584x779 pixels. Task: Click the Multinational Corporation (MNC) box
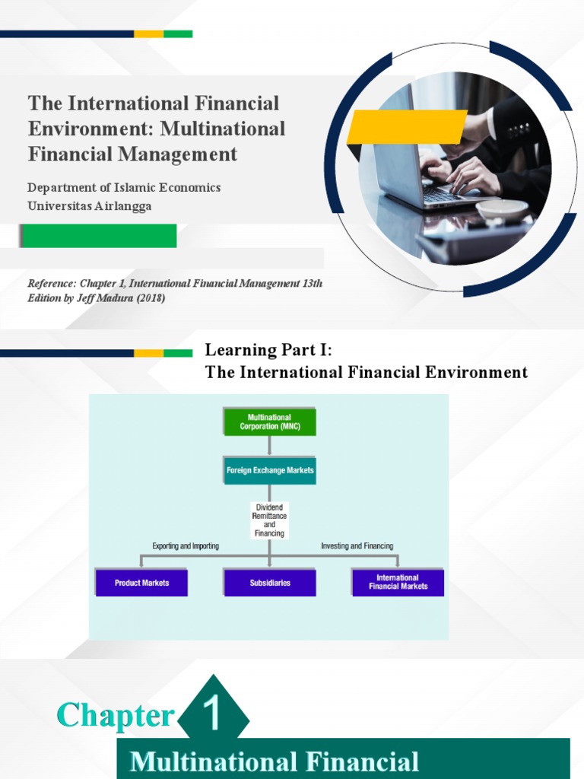[x=270, y=421]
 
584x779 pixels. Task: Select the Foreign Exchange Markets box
[x=270, y=470]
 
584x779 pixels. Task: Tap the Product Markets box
[x=141, y=583]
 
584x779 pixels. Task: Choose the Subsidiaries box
[x=270, y=583]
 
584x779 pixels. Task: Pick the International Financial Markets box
[x=398, y=582]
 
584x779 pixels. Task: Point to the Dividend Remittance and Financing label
[x=270, y=520]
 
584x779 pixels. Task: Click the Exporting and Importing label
[x=186, y=546]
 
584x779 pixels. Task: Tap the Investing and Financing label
[x=357, y=546]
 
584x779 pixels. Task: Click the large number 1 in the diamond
[x=214, y=716]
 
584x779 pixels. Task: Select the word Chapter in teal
[x=116, y=716]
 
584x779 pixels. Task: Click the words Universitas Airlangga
[x=90, y=206]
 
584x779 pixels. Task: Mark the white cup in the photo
[x=502, y=210]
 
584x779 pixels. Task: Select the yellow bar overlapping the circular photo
[x=407, y=126]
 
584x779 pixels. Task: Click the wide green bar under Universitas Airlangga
[x=99, y=236]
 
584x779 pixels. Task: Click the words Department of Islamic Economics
[x=124, y=187]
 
